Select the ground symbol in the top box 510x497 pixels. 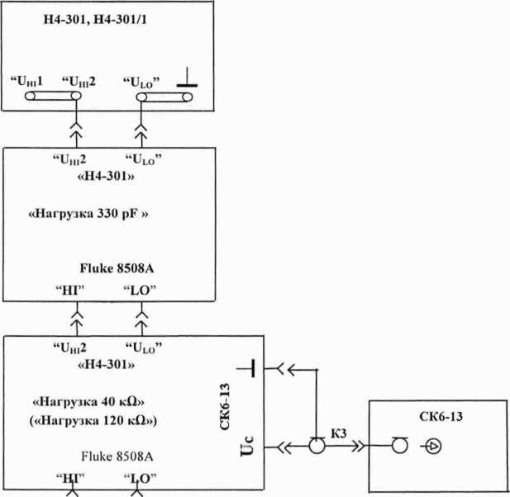(x=188, y=80)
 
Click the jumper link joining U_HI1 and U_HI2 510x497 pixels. (x=52, y=97)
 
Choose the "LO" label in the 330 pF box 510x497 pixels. (x=140, y=291)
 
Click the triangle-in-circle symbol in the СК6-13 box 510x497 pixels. (x=433, y=447)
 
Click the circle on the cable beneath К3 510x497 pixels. (x=315, y=447)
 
